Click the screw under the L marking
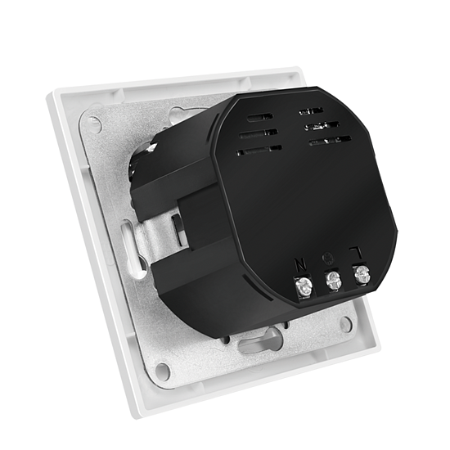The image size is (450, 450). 361,275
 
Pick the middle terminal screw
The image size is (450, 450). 333,281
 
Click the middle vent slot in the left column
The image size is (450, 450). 259,133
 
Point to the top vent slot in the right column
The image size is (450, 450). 311,110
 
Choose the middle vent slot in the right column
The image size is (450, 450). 322,125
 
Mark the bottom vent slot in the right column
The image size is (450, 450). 330,141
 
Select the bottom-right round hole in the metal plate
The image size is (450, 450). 347,324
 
